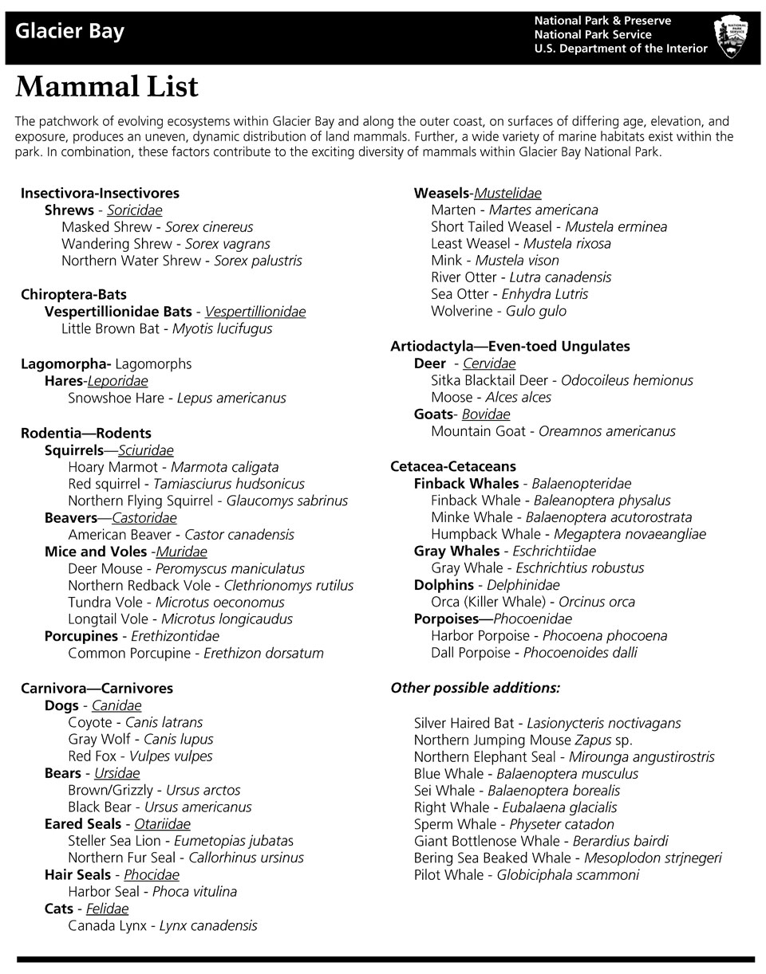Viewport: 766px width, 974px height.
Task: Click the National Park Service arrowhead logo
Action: click(731, 37)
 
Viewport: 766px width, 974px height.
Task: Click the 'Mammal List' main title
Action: click(106, 87)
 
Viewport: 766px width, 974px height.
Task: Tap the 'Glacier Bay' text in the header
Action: click(69, 33)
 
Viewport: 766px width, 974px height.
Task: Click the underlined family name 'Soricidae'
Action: click(134, 210)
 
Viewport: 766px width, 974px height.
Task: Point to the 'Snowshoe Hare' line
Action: click(176, 398)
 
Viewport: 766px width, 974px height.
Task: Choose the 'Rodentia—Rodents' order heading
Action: click(85, 433)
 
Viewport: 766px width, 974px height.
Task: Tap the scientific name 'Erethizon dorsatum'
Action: click(263, 653)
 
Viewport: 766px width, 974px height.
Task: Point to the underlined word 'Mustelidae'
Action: click(507, 193)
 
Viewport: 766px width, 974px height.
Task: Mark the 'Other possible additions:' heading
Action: click(475, 687)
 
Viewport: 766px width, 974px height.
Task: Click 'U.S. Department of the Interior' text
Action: click(620, 49)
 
